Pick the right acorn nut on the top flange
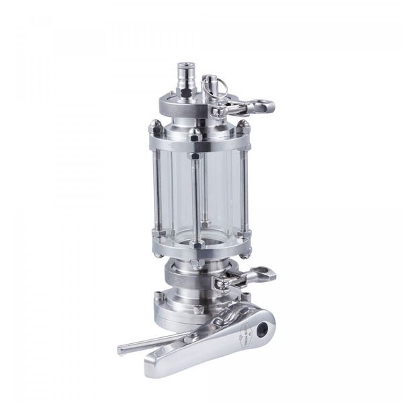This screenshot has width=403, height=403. click(244, 126)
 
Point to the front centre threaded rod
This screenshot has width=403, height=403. click(195, 195)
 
